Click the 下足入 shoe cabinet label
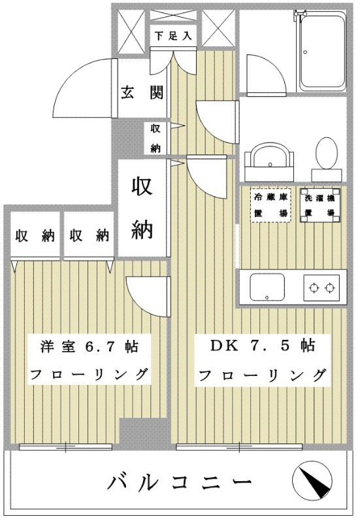coord(172,36)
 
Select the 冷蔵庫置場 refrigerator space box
coord(270,204)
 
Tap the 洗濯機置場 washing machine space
coord(319,204)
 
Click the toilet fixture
coord(324,157)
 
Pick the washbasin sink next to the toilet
coord(269,158)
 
